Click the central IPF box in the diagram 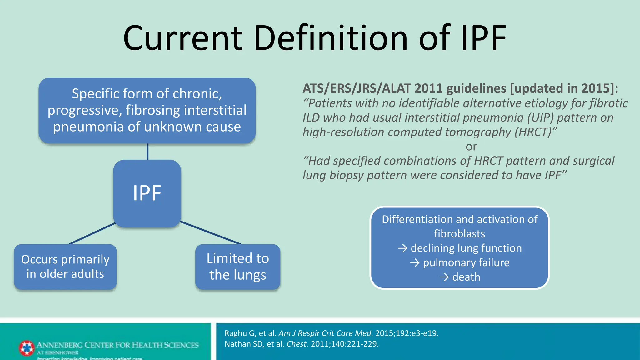(147, 193)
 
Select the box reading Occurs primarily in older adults (65, 267)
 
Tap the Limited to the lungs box (237, 267)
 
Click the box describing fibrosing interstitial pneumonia (147, 110)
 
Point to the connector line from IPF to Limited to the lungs (210, 232)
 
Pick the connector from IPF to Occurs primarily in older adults (92, 233)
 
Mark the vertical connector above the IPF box (147, 152)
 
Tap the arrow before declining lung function (402, 248)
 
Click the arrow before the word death (444, 277)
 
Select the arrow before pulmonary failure (415, 263)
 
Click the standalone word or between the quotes (471, 147)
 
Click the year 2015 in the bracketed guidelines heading (595, 88)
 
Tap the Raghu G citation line (331, 333)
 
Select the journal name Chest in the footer (297, 344)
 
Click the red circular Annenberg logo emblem (27, 348)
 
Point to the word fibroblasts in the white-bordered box (459, 234)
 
